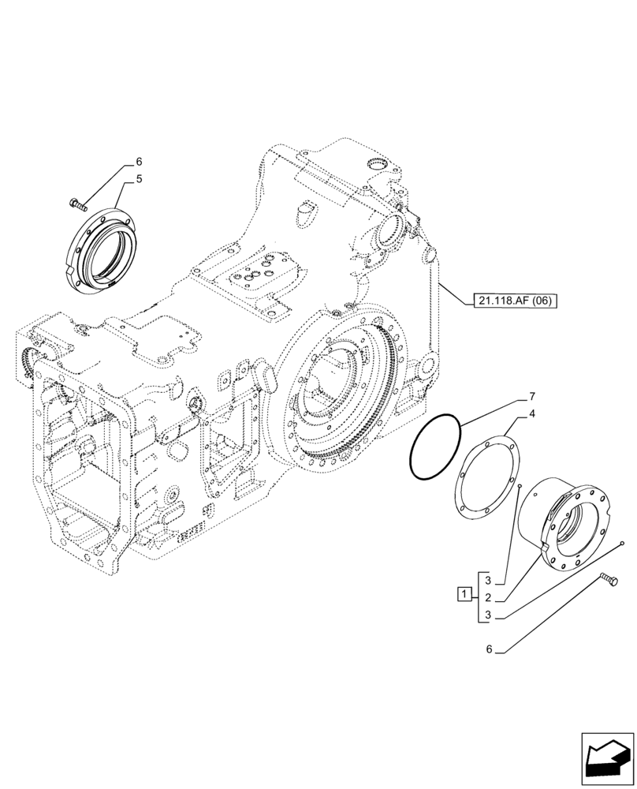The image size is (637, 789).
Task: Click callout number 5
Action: [139, 179]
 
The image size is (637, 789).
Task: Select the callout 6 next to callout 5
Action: [139, 161]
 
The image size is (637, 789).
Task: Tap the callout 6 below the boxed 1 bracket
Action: [489, 649]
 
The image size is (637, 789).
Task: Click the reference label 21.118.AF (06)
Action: [515, 300]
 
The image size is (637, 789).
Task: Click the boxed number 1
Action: [466, 593]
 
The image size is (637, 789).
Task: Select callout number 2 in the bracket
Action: [489, 597]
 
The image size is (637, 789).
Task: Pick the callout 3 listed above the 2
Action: [489, 580]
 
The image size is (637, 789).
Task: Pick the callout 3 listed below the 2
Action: [489, 615]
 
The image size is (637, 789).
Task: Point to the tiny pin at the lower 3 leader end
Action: [623, 544]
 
